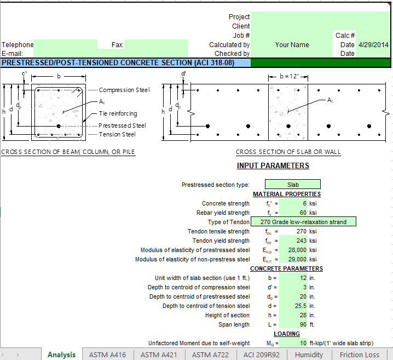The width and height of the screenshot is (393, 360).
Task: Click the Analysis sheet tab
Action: [x=61, y=355]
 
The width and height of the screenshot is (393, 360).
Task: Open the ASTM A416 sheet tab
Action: [x=107, y=355]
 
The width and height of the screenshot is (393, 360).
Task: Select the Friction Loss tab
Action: [x=359, y=355]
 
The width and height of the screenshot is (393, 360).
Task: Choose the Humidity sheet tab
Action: [x=309, y=355]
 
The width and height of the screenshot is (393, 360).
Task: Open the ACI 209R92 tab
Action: [x=262, y=355]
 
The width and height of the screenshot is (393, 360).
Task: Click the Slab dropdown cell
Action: [x=293, y=185]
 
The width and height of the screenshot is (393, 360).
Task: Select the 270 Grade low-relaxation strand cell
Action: [x=303, y=222]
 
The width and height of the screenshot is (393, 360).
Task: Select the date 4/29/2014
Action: [x=373, y=45]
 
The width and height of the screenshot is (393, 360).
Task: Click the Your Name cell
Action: [x=292, y=45]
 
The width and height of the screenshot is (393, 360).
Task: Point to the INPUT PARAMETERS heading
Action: [x=273, y=165]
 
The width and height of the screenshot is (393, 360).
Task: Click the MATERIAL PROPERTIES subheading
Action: [x=286, y=194]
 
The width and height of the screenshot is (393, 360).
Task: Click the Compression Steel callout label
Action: [x=124, y=90]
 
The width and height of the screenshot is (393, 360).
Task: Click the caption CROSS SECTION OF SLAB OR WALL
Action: [x=288, y=152]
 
